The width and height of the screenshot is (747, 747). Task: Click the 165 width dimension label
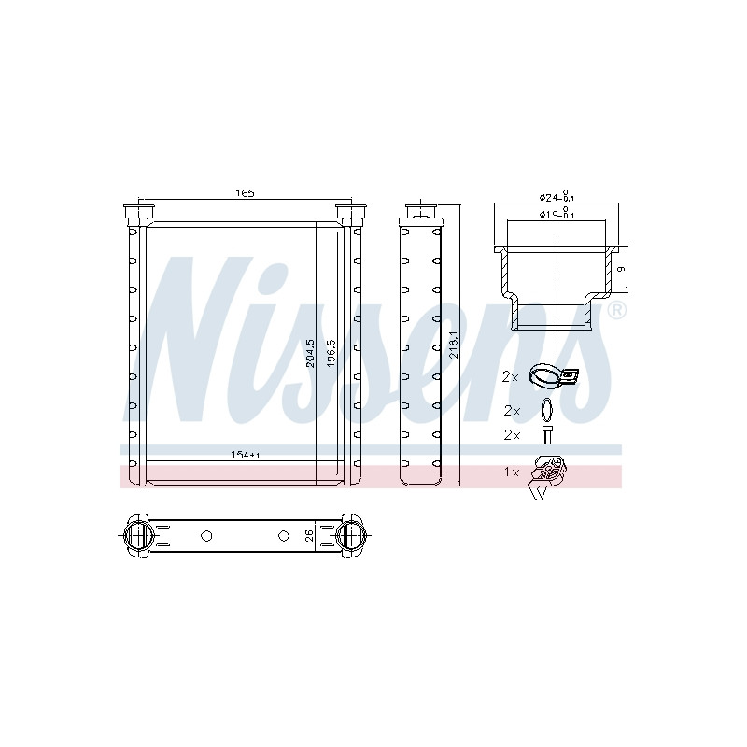click(245, 193)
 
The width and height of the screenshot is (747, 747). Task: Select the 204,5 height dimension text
click(310, 353)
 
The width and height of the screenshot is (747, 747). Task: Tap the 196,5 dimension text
click(331, 353)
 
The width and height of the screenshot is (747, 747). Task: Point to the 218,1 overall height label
click(454, 345)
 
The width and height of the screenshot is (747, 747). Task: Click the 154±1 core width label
click(245, 455)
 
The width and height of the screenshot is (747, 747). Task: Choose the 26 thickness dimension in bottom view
click(310, 535)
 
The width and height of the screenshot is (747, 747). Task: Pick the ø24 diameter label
click(557, 196)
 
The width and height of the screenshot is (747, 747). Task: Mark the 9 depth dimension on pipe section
click(621, 270)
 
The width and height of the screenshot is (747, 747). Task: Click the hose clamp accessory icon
click(553, 374)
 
